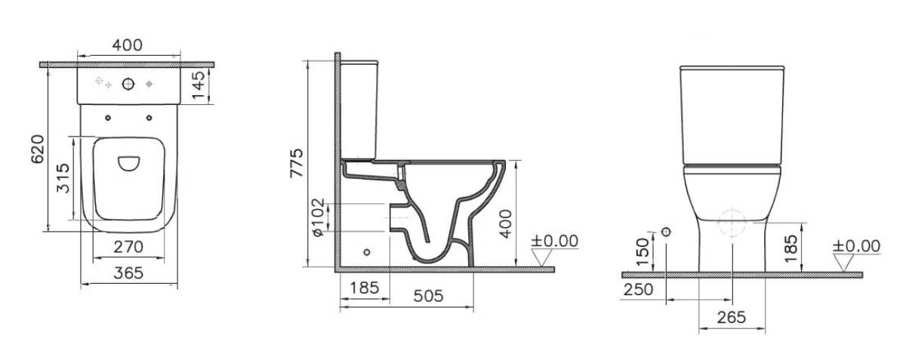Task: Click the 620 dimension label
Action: [x=38, y=149]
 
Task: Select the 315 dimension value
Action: [x=63, y=178]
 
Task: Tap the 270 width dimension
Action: [x=128, y=247]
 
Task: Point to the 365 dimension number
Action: [x=128, y=273]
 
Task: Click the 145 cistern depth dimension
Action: [x=198, y=85]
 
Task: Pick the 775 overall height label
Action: [x=296, y=163]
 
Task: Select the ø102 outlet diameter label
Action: [x=319, y=217]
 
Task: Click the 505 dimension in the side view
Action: [x=428, y=296]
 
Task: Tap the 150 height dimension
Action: [x=643, y=251]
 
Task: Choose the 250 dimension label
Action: [x=638, y=290]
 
